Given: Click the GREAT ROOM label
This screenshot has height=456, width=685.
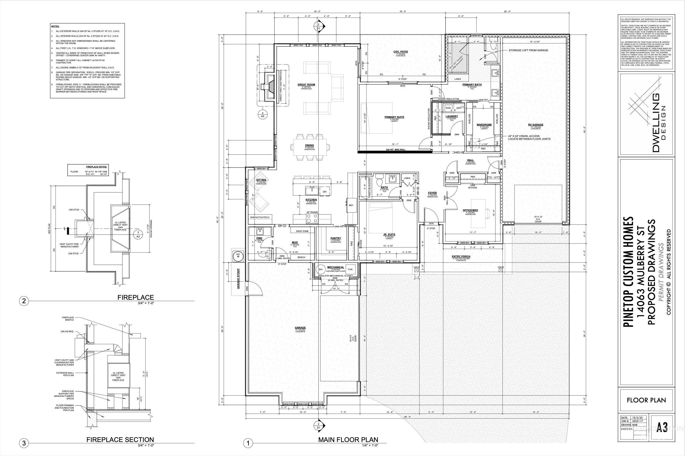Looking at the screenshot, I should point(306,85).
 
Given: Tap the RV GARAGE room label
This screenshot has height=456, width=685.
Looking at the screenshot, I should point(536,125).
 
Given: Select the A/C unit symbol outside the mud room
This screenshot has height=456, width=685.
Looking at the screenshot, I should point(238,255).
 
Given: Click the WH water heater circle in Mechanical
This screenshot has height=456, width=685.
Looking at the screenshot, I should point(321,269).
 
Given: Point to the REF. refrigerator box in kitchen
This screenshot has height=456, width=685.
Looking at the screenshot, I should point(351,205).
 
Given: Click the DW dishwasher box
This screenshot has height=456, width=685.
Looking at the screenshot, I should point(325,192).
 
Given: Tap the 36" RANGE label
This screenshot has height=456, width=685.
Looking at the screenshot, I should point(312,212).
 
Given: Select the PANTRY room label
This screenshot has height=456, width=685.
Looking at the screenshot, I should point(336,238).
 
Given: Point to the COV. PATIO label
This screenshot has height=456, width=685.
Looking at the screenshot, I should point(401,51).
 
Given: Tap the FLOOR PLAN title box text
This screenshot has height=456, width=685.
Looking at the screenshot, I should point(646,400).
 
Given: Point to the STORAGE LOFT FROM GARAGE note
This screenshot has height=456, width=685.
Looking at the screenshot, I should point(528,50).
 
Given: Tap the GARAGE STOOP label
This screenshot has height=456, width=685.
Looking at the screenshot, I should point(238,279).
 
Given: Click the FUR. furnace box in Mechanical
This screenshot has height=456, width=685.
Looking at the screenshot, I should point(350,269).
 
